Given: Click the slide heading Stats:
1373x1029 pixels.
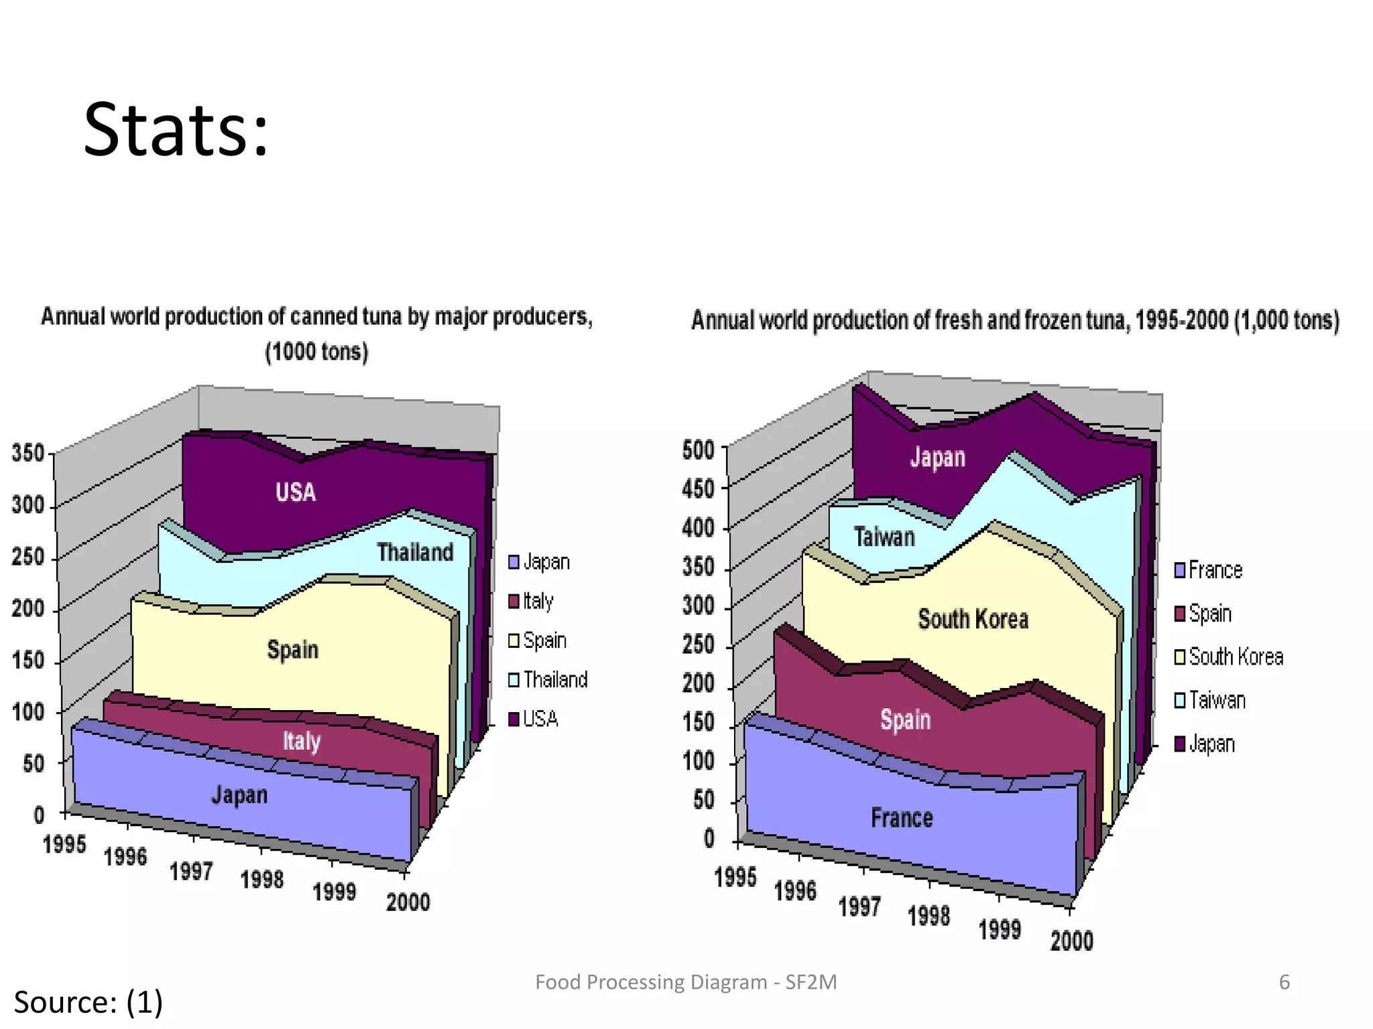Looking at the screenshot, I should point(176,130).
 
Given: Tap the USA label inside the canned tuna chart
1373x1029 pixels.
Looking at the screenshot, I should point(296,492).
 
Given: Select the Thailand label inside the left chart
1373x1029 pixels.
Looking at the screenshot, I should point(415,552).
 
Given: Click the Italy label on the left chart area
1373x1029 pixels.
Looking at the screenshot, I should point(302,741).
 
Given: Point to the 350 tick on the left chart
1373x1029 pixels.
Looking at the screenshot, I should point(27,453).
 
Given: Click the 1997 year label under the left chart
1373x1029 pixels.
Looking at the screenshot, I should point(191,871).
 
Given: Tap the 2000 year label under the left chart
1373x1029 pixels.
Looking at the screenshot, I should point(408,902).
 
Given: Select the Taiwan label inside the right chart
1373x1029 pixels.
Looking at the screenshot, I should point(884,537).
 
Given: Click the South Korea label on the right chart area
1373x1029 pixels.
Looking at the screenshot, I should point(973,619).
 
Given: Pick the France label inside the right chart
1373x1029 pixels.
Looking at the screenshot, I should point(902,818).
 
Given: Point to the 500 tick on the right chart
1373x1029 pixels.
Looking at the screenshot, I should point(698,450).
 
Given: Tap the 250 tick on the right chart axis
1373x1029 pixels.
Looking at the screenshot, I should point(698,644).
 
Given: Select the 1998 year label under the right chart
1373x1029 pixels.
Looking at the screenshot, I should point(929,915).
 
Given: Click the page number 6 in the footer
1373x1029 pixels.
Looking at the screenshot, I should point(1284,982).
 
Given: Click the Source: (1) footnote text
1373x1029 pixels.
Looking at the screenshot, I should point(88,1002).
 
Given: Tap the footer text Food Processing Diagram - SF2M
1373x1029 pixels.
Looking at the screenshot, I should point(686,982).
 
